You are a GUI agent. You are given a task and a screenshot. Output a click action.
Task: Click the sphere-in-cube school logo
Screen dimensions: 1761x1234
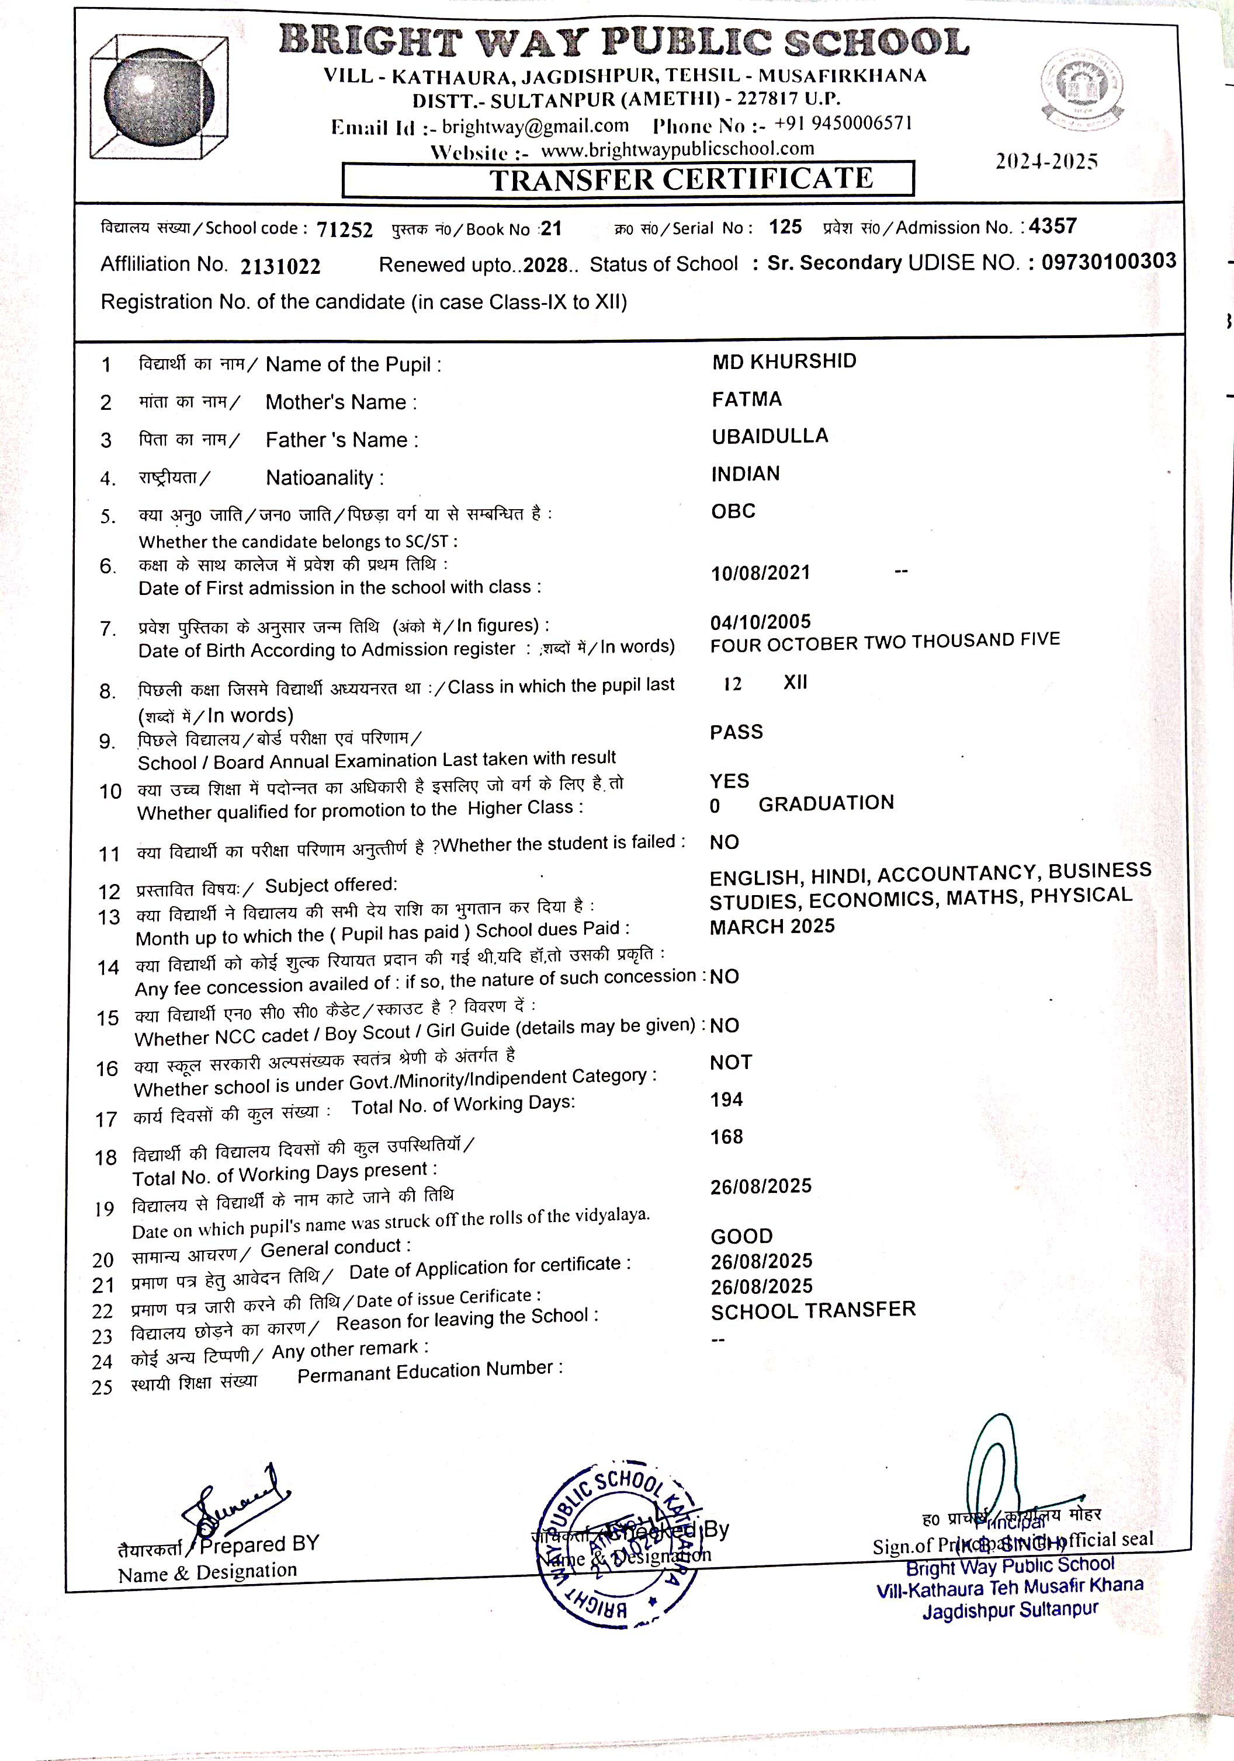click(159, 97)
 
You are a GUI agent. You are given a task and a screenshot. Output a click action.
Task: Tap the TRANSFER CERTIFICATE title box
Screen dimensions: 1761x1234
click(627, 179)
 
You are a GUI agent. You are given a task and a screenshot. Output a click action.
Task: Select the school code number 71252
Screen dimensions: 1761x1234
click(345, 229)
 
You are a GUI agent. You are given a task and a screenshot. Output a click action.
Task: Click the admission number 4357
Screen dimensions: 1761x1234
click(1052, 227)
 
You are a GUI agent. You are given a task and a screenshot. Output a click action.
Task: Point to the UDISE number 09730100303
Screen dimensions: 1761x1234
click(1108, 261)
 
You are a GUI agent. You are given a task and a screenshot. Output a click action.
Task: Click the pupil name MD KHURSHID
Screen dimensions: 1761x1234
click(784, 361)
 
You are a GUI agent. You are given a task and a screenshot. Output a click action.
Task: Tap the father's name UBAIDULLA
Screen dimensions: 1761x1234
click(769, 436)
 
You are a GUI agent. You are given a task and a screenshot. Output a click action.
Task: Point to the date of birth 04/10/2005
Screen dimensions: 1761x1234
click(760, 622)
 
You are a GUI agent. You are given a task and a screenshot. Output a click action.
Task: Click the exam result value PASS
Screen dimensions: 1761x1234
click(736, 732)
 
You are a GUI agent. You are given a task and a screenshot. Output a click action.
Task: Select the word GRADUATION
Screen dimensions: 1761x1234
click(826, 803)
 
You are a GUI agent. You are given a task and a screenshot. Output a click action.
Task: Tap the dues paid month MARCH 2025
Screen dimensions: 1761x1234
click(771, 927)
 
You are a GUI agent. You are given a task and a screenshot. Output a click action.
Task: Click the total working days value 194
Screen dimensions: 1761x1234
click(726, 1100)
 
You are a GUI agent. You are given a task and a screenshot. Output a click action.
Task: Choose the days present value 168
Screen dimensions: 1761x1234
click(726, 1137)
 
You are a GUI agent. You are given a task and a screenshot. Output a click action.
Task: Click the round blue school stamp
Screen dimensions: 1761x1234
click(618, 1543)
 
